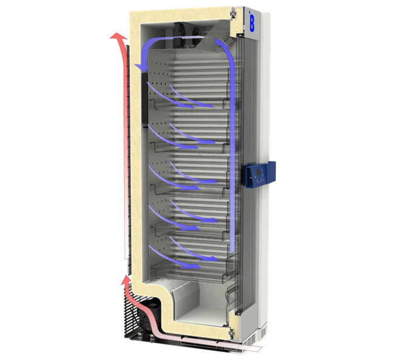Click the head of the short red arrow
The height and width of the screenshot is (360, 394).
click(125, 280)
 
